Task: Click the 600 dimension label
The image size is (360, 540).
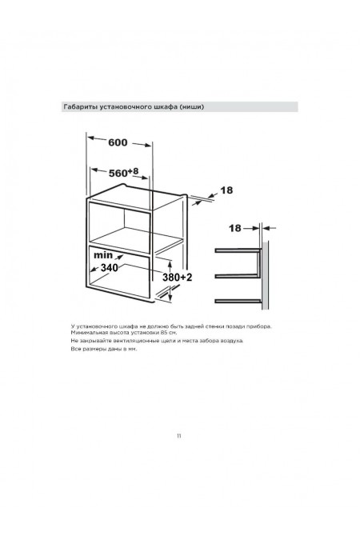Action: point(118,142)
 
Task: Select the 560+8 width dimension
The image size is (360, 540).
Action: point(124,172)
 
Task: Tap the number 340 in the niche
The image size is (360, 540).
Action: point(110,267)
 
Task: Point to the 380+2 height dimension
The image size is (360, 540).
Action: point(177,278)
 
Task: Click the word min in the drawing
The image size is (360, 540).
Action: point(103,255)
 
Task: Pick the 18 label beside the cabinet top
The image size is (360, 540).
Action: point(226,190)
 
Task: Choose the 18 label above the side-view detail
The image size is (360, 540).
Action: point(235,228)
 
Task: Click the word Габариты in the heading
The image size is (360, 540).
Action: point(81,106)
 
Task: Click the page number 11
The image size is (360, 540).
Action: point(178,436)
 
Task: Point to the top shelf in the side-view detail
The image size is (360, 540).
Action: point(238,250)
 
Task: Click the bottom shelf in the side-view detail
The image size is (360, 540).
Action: point(238,302)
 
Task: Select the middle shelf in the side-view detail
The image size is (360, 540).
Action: point(236,276)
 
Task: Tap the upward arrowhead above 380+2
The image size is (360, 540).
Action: point(170,263)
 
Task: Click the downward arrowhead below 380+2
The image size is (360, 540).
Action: point(170,298)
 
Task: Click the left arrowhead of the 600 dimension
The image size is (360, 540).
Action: point(91,138)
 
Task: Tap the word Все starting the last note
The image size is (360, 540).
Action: point(75,349)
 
